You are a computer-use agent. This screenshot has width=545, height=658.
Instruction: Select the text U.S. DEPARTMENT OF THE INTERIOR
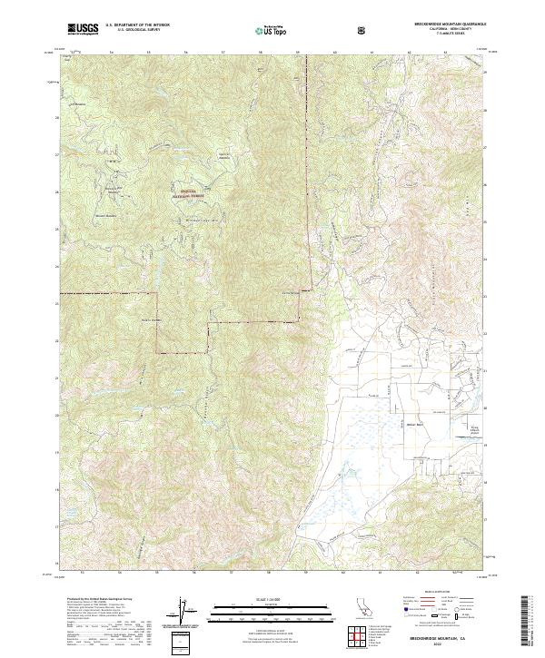click(137, 26)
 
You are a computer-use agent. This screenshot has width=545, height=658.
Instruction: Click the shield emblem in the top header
click(363, 29)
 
